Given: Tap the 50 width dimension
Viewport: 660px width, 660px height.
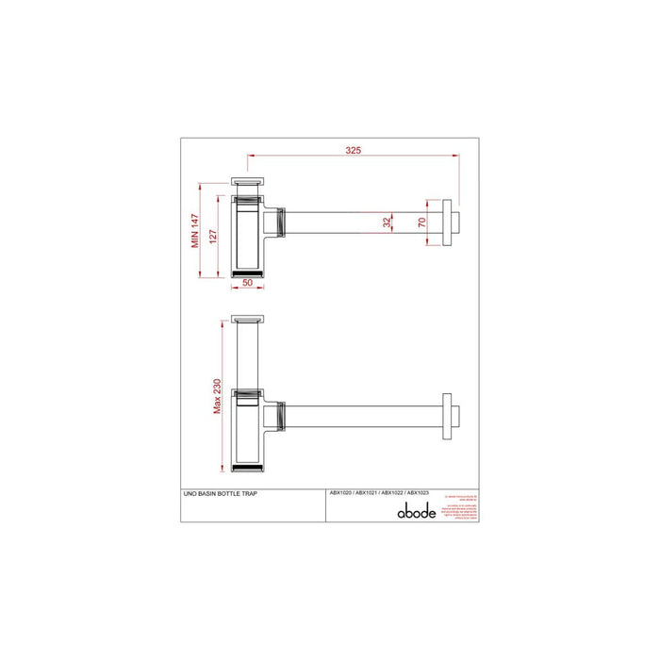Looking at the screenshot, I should pyautogui.click(x=247, y=281).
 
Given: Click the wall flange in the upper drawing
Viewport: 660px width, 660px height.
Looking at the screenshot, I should pyautogui.click(x=444, y=223).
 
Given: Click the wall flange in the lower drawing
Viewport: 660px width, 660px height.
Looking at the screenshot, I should pyautogui.click(x=444, y=413).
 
